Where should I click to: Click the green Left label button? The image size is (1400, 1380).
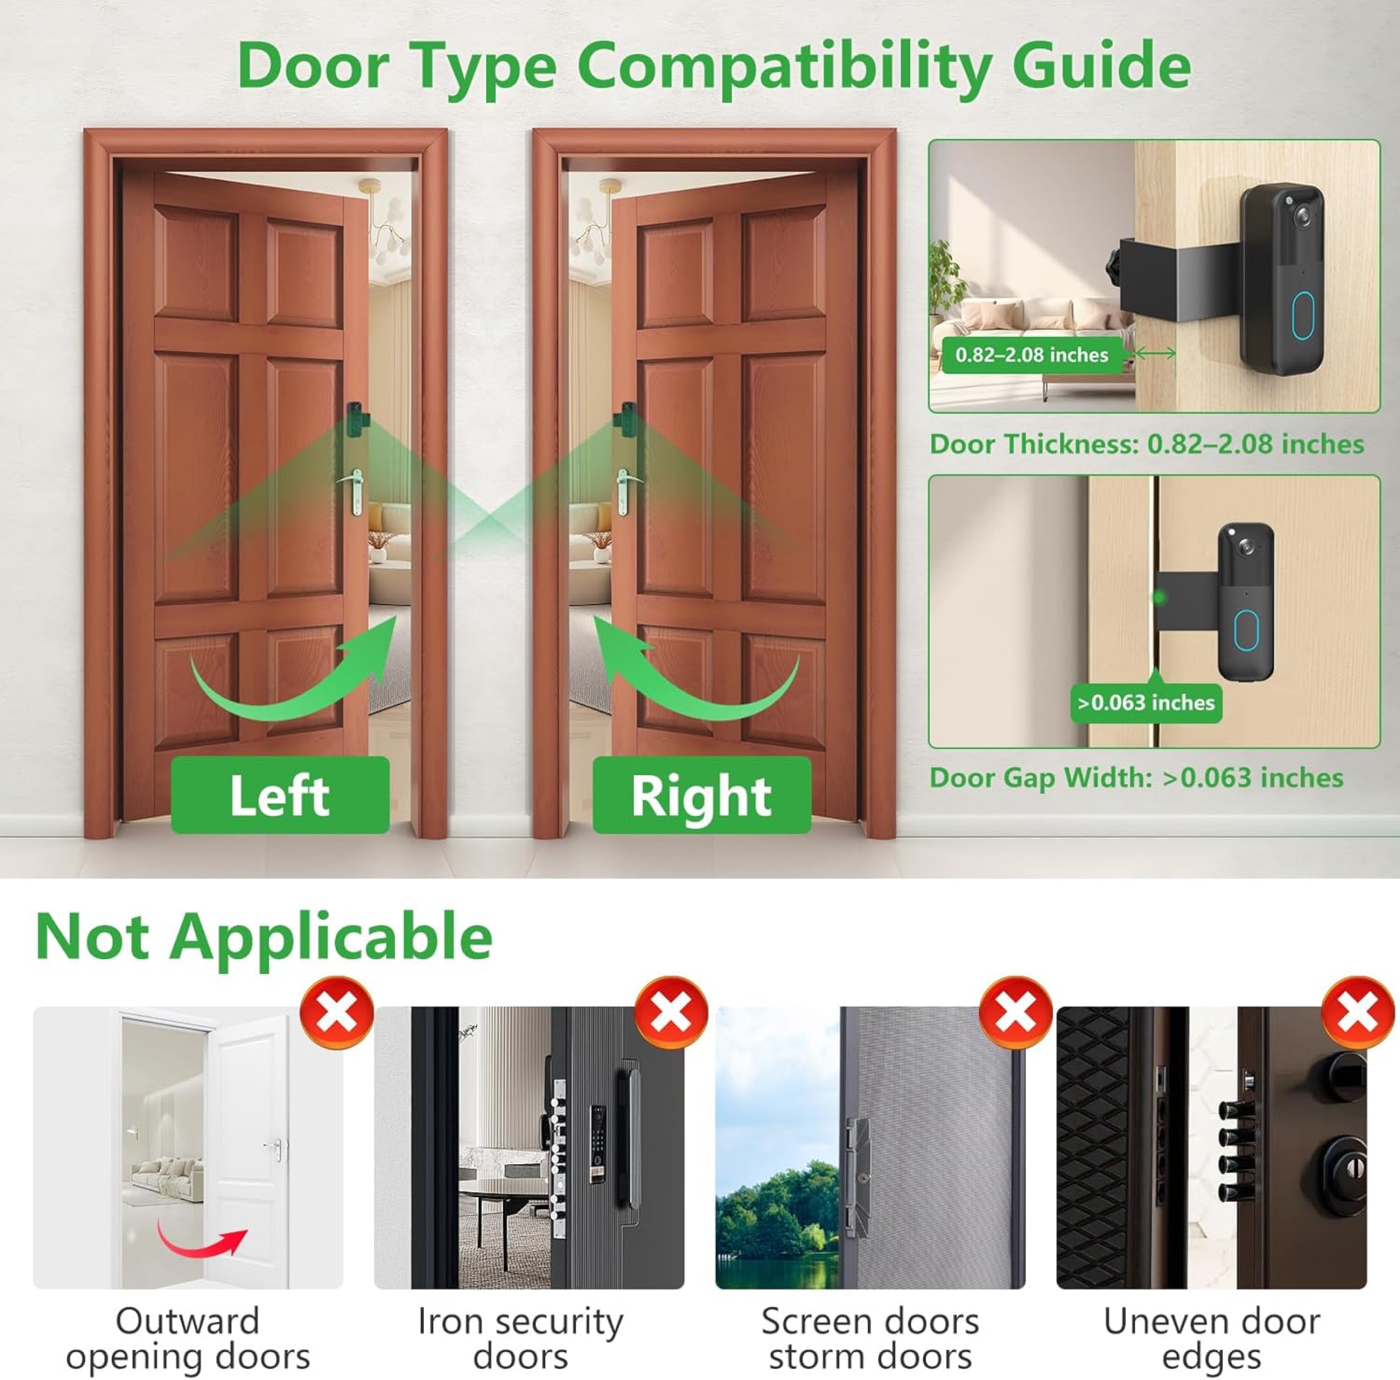[280, 796]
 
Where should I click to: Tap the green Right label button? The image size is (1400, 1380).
[701, 796]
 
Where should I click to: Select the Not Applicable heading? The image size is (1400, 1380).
[263, 936]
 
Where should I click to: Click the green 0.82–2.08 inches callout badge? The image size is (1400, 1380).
[1031, 355]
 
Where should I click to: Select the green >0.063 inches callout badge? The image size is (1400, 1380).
[1146, 703]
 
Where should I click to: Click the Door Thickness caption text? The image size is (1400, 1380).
[1146, 444]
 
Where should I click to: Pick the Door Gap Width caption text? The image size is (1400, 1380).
[1136, 778]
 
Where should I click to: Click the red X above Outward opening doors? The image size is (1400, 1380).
[337, 1013]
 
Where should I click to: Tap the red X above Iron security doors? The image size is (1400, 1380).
[670, 1013]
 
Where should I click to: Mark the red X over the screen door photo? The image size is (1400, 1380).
[1015, 1013]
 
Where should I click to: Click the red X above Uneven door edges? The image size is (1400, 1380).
[1358, 1013]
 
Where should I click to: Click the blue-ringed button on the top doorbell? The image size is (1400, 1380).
[1304, 316]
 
